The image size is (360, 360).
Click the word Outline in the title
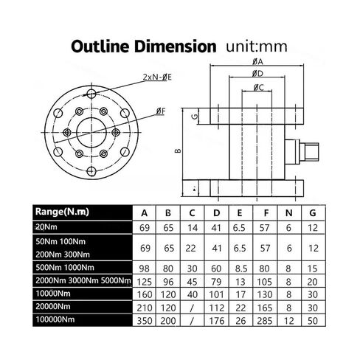point(100,46)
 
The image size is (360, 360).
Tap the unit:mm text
point(257,46)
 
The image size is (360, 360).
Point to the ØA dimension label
point(257,61)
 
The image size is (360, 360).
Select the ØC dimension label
point(258,87)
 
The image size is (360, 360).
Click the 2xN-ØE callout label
point(157,77)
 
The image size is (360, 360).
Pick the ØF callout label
point(161,111)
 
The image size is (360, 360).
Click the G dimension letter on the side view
point(195,116)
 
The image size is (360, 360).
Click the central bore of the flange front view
point(91,133)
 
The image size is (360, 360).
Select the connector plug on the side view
point(302,152)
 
